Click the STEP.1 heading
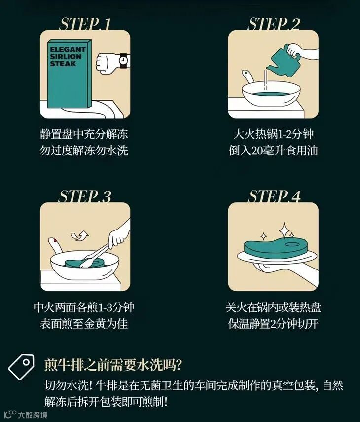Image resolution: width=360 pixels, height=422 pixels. click(84, 24)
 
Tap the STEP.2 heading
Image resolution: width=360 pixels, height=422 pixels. click(273, 24)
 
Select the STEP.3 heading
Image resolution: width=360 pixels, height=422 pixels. click(84, 196)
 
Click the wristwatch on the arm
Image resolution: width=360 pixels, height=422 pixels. click(123, 61)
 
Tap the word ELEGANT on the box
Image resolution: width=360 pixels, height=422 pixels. click(68, 49)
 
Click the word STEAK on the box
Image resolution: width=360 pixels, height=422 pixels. click(63, 64)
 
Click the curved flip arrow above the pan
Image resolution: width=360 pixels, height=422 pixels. click(79, 235)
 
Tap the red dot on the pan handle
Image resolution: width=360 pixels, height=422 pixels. click(55, 240)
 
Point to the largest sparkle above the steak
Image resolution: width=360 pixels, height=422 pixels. click(284, 230)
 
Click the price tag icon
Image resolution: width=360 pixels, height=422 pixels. click(22, 366)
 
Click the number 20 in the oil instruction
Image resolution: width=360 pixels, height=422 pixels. click(257, 151)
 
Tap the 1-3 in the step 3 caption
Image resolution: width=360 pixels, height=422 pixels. click(106, 307)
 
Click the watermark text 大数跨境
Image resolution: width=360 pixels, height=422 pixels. click(33, 415)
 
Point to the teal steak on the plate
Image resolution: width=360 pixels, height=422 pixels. click(275, 246)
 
